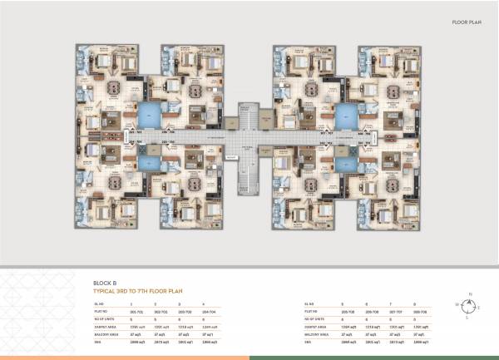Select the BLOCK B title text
[x=105, y=284]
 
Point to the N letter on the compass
[x=471, y=294]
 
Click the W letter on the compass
[x=457, y=306]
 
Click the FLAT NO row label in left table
[x=101, y=312]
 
